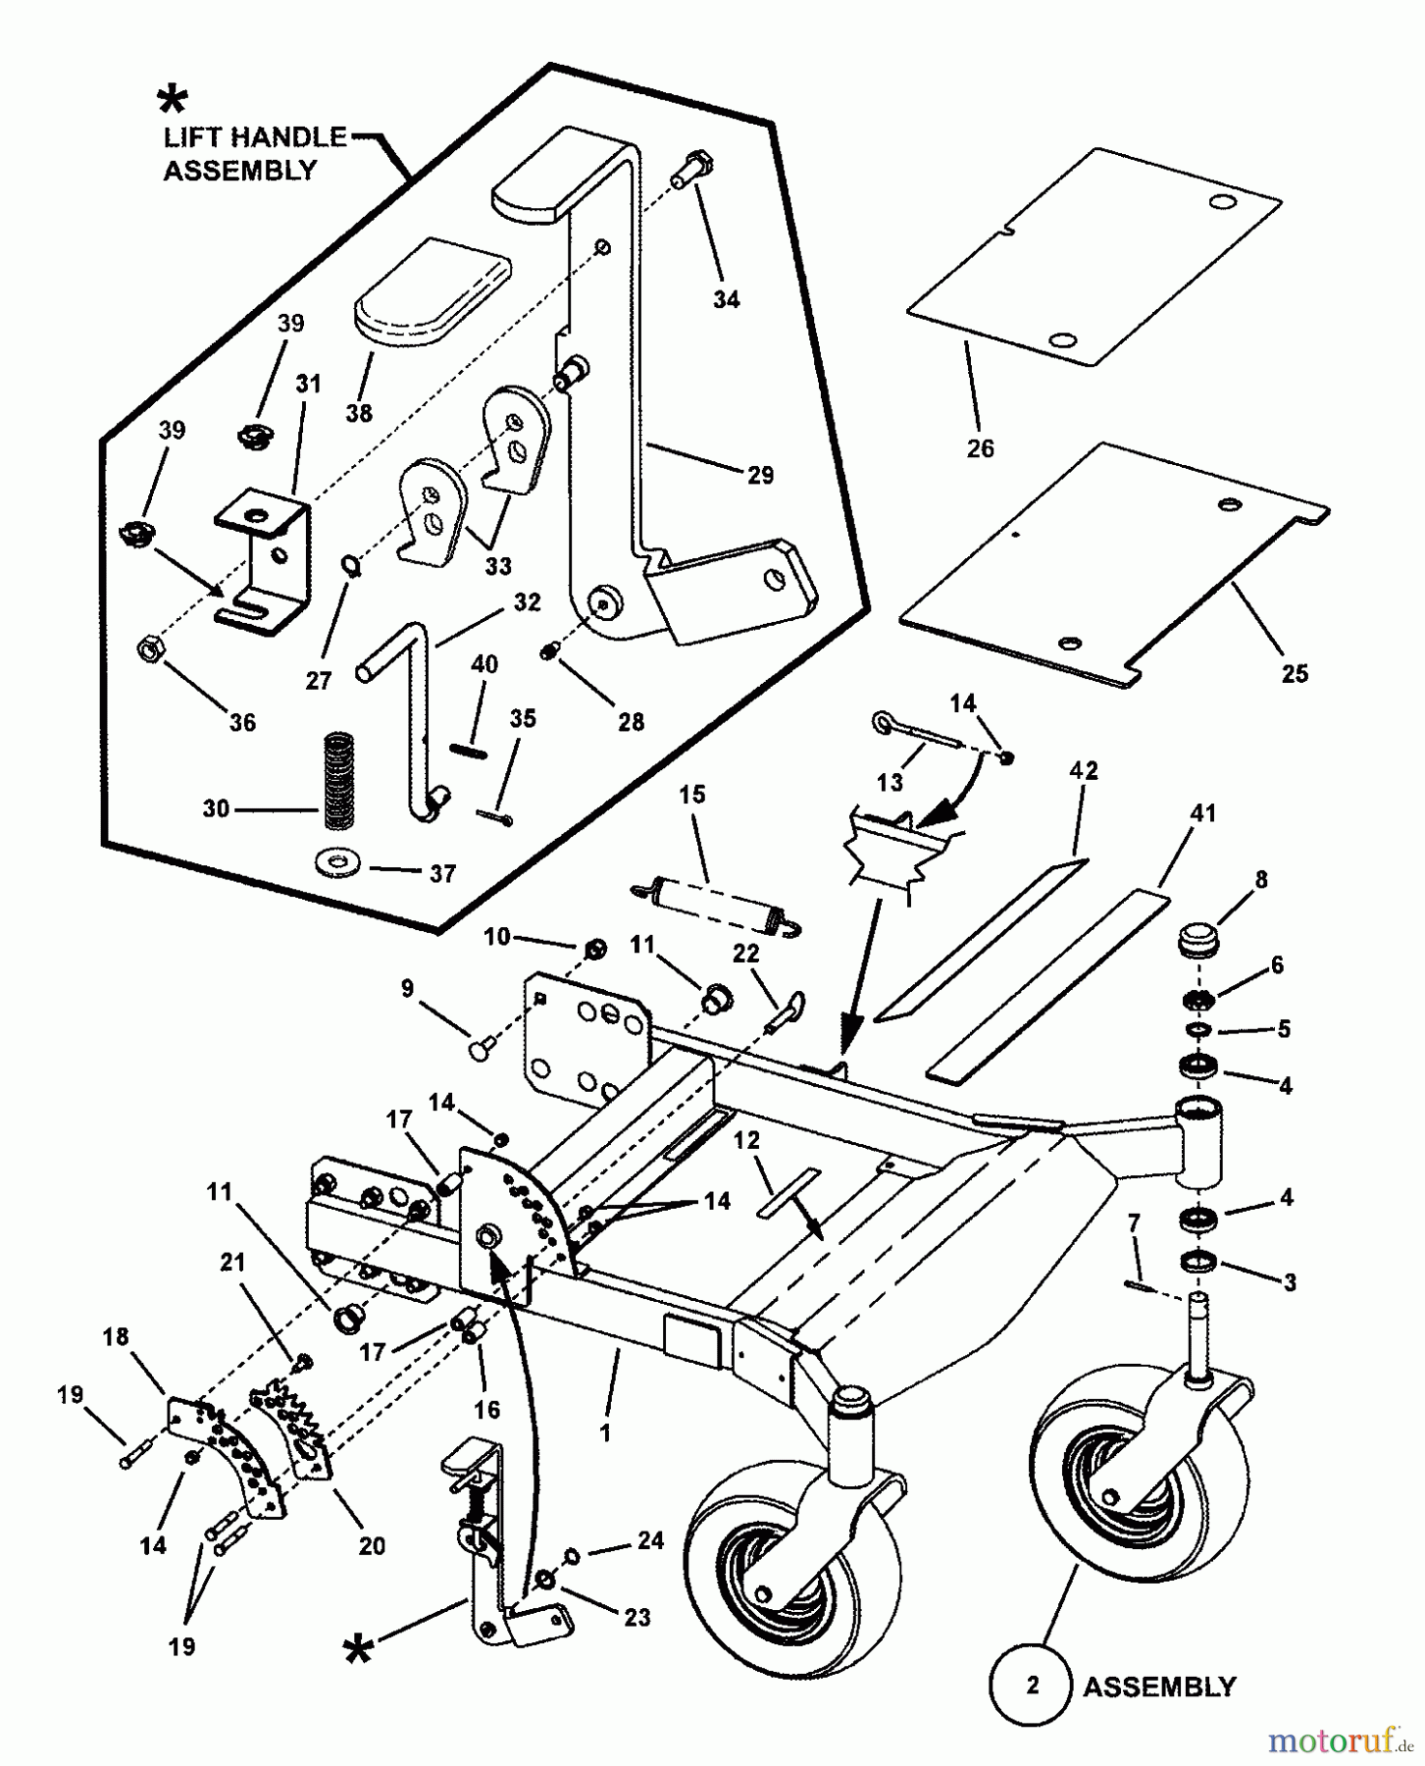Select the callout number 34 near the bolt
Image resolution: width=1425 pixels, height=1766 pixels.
point(726,299)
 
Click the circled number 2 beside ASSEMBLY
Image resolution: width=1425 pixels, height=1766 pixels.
point(1031,1686)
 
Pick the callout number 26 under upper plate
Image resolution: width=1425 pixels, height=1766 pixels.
point(980,448)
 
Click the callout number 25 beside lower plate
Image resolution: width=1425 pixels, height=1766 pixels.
point(1295,673)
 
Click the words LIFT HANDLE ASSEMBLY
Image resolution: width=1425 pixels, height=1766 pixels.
point(253,153)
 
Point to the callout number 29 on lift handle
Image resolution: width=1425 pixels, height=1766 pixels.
point(760,475)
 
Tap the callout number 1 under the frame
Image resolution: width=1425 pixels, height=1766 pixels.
point(605,1432)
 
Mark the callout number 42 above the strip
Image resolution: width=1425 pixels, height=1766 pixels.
point(1084,770)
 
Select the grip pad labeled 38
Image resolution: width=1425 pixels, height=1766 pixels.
point(432,291)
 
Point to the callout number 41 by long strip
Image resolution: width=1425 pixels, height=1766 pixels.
point(1202,813)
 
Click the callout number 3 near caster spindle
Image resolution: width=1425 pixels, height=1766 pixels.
point(1290,1282)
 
